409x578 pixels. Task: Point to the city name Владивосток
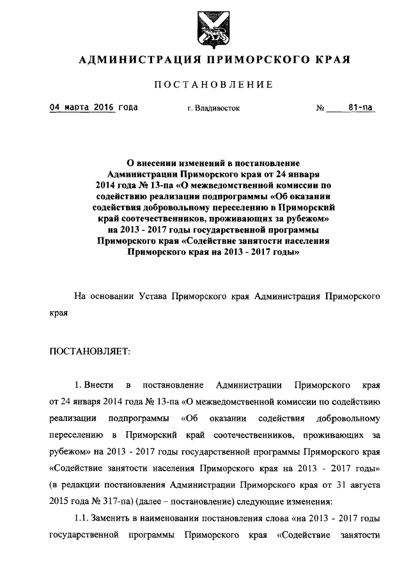[218, 109]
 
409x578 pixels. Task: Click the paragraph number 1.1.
[81, 518]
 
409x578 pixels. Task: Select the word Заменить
[112, 518]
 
